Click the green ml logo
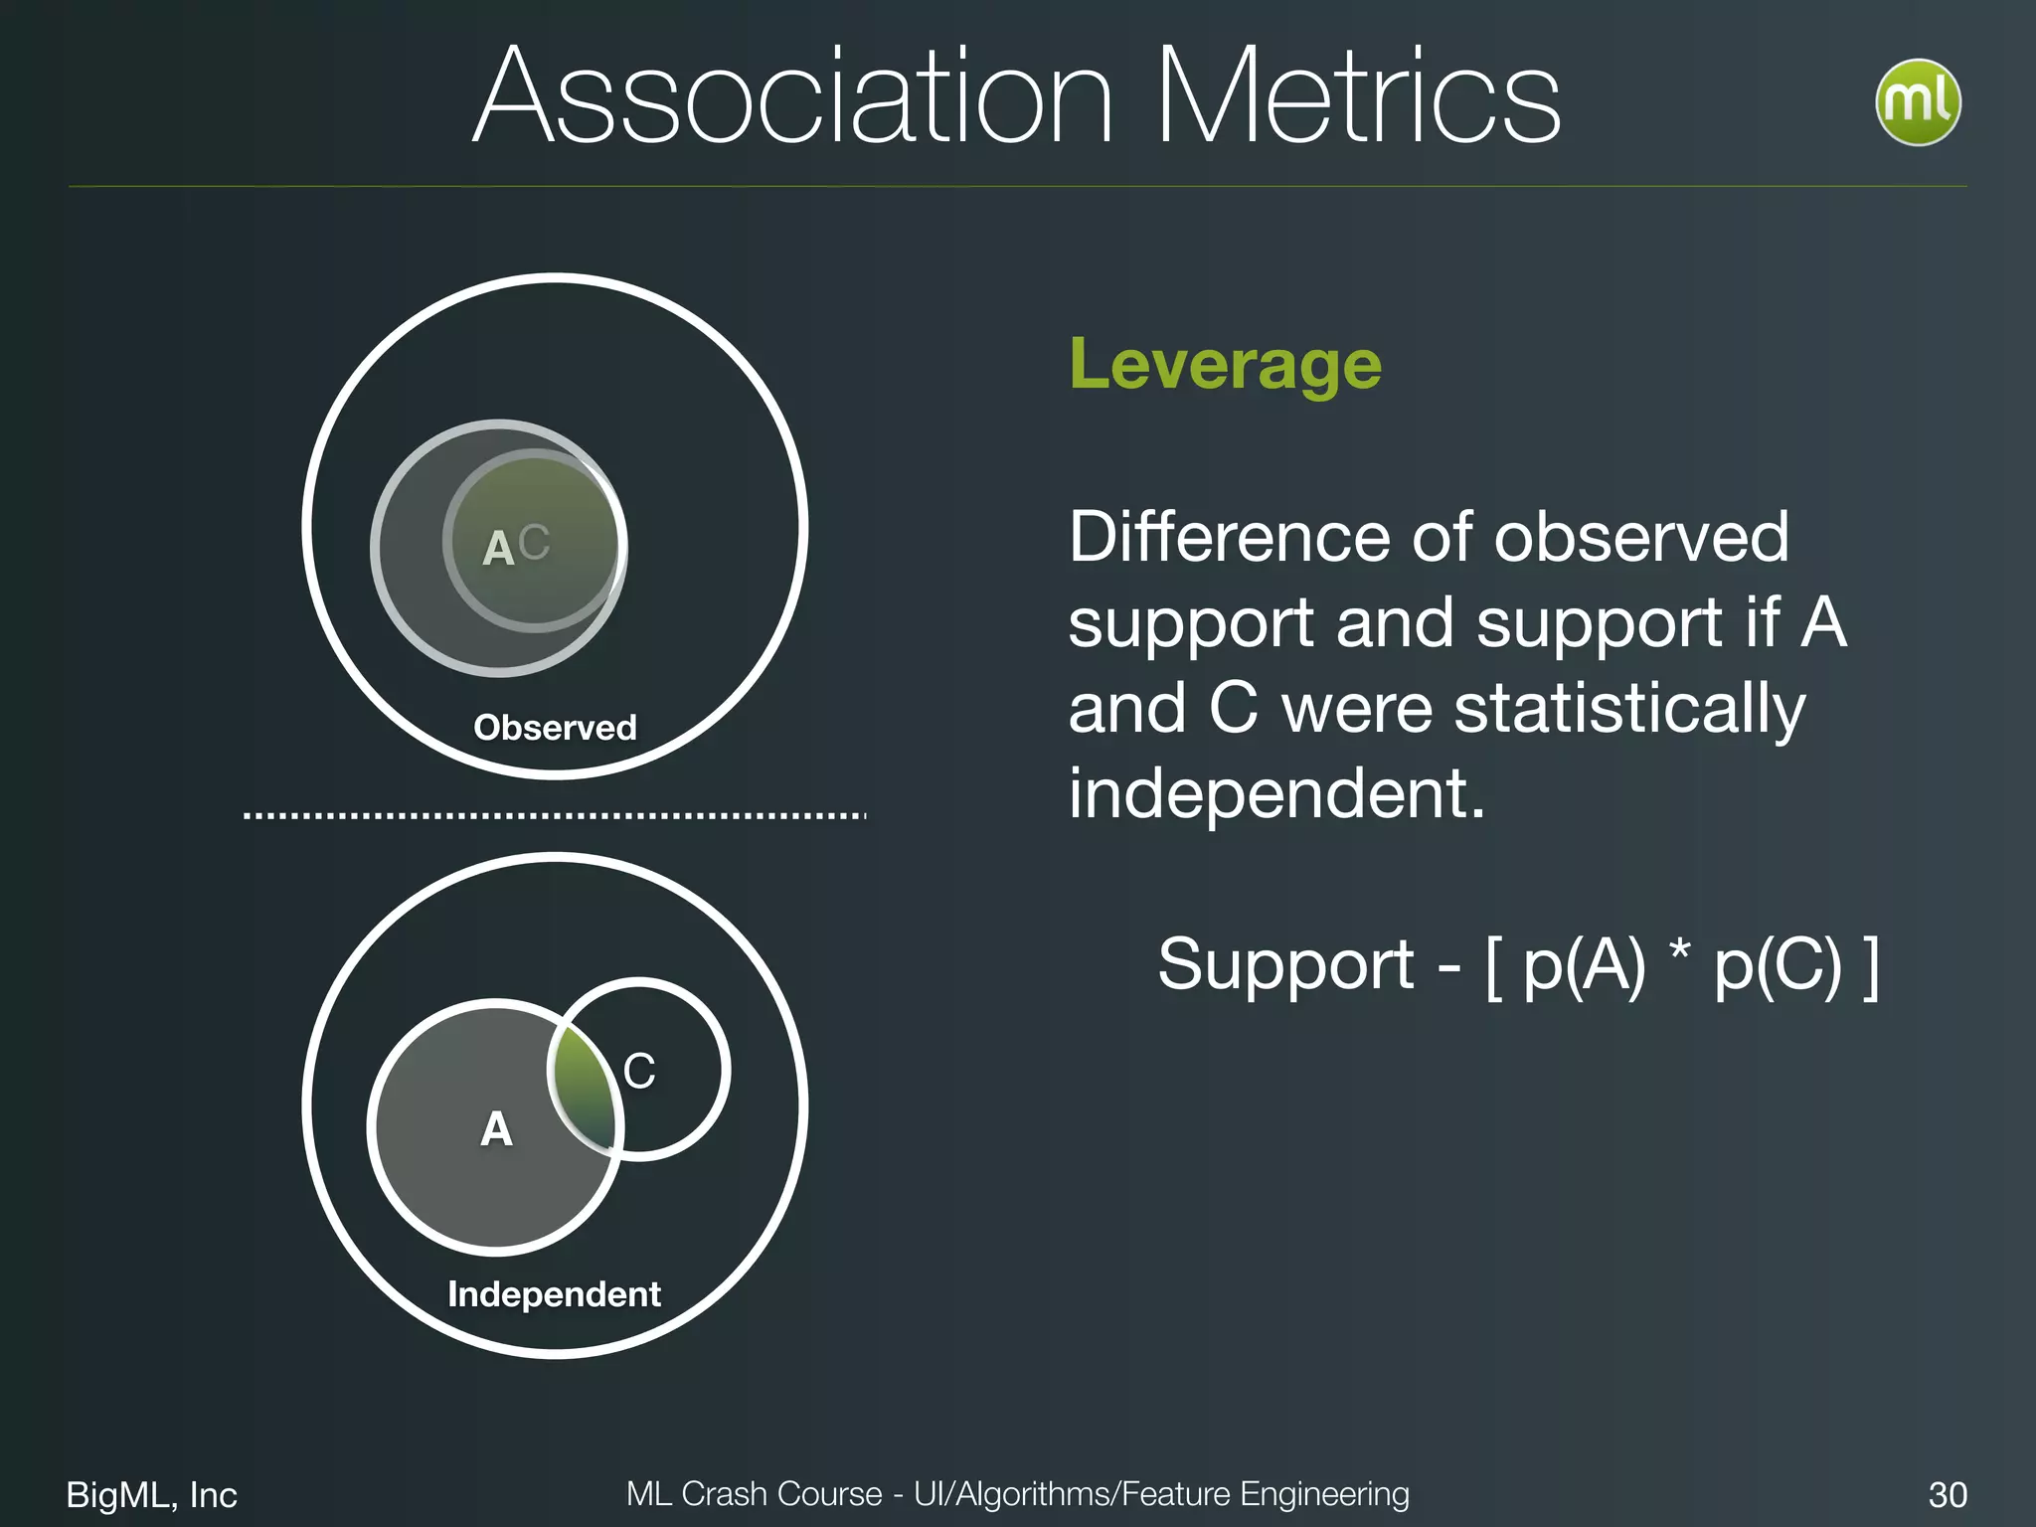click(x=1917, y=102)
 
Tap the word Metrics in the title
click(x=1358, y=97)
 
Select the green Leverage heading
click(x=1225, y=365)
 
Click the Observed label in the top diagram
click(x=555, y=728)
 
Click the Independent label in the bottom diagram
click(x=554, y=1294)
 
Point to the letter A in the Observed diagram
click(x=498, y=549)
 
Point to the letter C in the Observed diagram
click(x=534, y=543)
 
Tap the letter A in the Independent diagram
click(x=496, y=1129)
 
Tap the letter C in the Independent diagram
click(x=639, y=1072)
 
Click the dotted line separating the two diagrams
click(x=555, y=816)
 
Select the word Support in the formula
click(x=1285, y=965)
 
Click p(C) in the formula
click(x=1778, y=965)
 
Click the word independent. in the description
click(x=1276, y=794)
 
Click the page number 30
click(x=1947, y=1494)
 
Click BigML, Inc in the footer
click(x=151, y=1494)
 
